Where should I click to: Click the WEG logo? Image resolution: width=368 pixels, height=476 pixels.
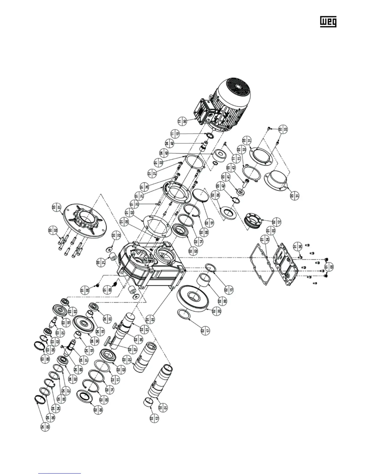coord(328,21)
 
